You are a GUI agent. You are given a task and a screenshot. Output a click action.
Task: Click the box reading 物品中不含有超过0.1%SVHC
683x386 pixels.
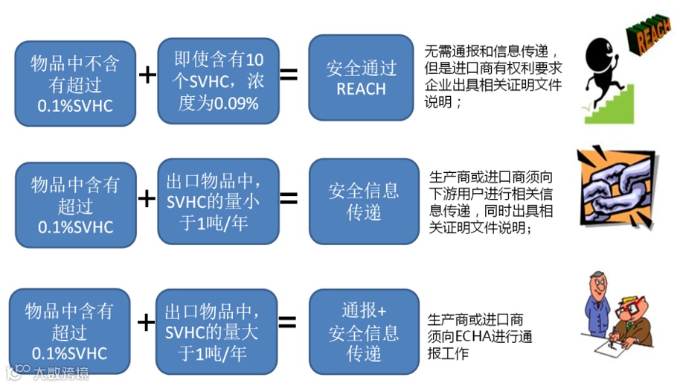74,83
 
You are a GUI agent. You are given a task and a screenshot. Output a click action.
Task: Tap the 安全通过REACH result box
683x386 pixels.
361,77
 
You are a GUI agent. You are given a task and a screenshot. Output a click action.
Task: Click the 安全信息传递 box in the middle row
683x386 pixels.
364,201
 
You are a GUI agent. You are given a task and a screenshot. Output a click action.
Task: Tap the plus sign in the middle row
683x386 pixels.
147,198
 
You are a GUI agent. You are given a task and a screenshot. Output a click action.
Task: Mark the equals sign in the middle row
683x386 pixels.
289,198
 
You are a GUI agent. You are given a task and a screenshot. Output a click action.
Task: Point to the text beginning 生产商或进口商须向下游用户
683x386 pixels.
491,201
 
